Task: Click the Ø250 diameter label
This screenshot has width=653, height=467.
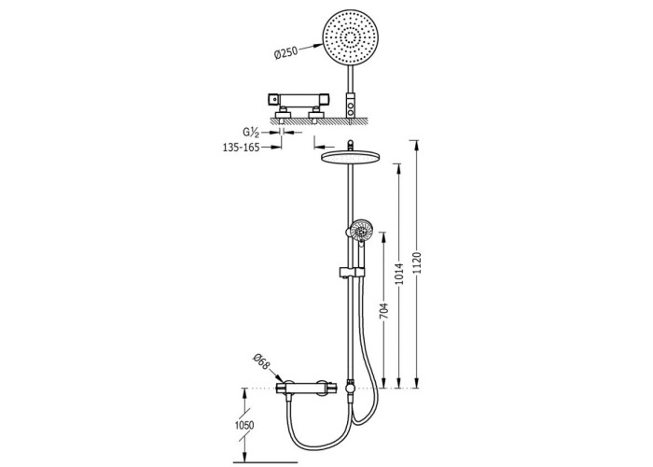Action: click(286, 53)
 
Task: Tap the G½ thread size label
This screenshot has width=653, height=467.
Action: click(251, 133)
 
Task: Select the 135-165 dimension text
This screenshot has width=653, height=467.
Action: click(241, 148)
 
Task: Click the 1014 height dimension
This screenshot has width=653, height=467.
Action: click(400, 273)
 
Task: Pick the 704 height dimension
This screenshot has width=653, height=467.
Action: click(384, 311)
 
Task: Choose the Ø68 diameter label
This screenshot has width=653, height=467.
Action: click(262, 361)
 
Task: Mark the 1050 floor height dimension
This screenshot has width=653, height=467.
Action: click(244, 425)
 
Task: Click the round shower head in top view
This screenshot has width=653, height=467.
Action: click(349, 37)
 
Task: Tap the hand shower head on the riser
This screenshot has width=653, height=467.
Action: click(361, 230)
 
